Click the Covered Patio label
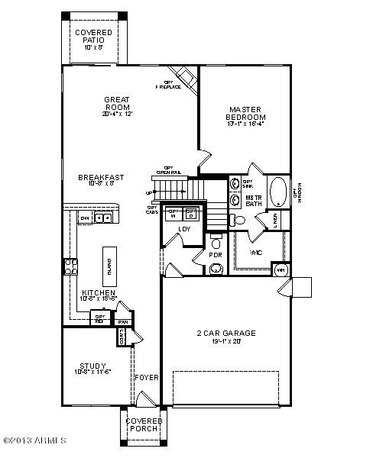pyautogui.click(x=93, y=39)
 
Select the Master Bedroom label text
pyautogui.click(x=245, y=113)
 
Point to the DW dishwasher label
pyautogui.click(x=85, y=218)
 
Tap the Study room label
pyautogui.click(x=92, y=369)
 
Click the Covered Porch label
pyautogui.click(x=144, y=424)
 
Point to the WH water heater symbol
pyautogui.click(x=281, y=269)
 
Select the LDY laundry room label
pyautogui.click(x=183, y=229)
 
